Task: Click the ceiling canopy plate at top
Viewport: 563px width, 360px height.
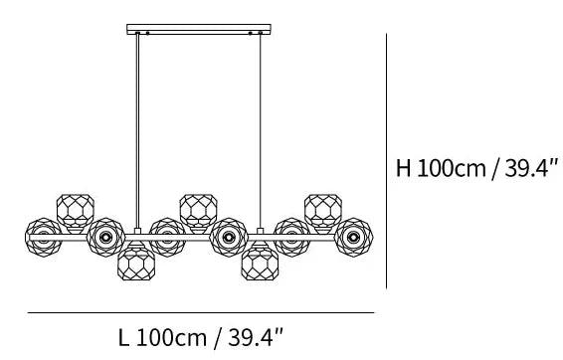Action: (x=199, y=29)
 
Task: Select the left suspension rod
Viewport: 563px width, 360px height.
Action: (x=137, y=130)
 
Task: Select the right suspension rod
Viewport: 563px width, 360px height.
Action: (x=261, y=130)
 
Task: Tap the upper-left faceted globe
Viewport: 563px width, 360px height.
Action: (x=76, y=212)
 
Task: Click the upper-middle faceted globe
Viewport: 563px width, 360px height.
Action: (x=199, y=212)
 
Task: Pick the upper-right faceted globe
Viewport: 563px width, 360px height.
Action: (x=323, y=212)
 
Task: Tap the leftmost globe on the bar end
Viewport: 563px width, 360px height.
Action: (x=44, y=238)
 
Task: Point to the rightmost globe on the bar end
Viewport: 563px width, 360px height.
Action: (x=354, y=238)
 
